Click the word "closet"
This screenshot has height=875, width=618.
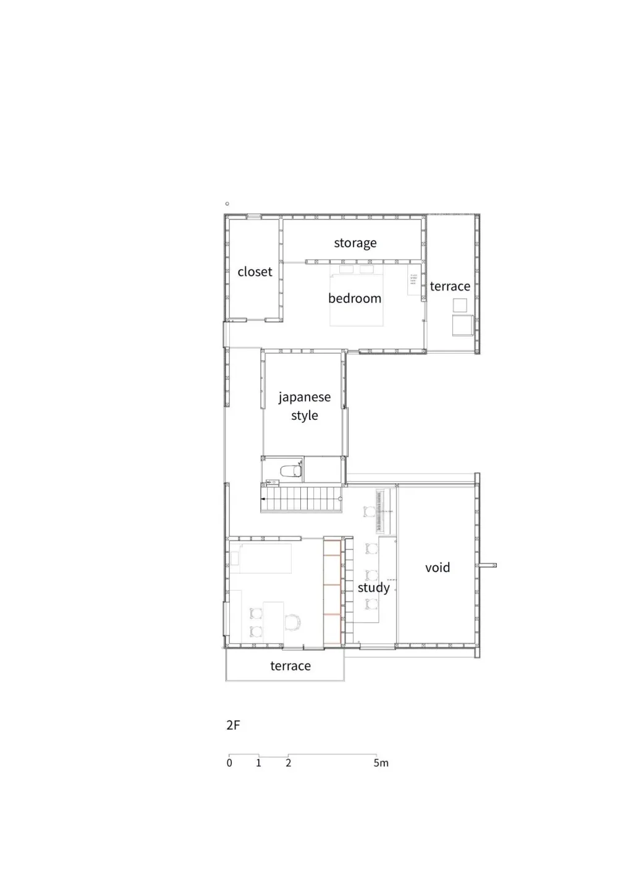(x=255, y=271)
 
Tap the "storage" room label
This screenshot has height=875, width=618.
(x=355, y=243)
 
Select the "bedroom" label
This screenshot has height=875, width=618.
(x=354, y=298)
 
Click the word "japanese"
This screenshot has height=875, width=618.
(x=304, y=398)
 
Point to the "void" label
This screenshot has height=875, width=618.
(x=437, y=568)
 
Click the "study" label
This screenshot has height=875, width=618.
(x=373, y=587)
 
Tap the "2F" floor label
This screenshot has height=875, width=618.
(x=232, y=725)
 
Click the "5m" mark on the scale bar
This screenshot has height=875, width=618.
(x=381, y=763)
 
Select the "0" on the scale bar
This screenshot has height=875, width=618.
(x=229, y=763)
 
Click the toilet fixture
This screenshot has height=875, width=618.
(x=290, y=471)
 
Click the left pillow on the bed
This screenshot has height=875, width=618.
(x=346, y=270)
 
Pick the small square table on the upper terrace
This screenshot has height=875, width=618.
(x=459, y=305)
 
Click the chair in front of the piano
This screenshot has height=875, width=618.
(x=370, y=512)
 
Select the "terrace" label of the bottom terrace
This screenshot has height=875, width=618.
(x=290, y=666)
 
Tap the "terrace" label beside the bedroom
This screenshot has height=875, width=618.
(x=450, y=286)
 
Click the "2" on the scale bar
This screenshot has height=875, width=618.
(x=288, y=763)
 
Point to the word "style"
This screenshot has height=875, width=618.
(x=304, y=416)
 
